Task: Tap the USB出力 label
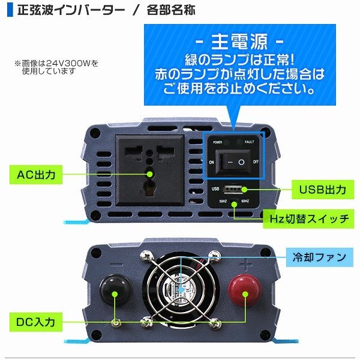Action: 322,190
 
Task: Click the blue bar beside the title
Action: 8,10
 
